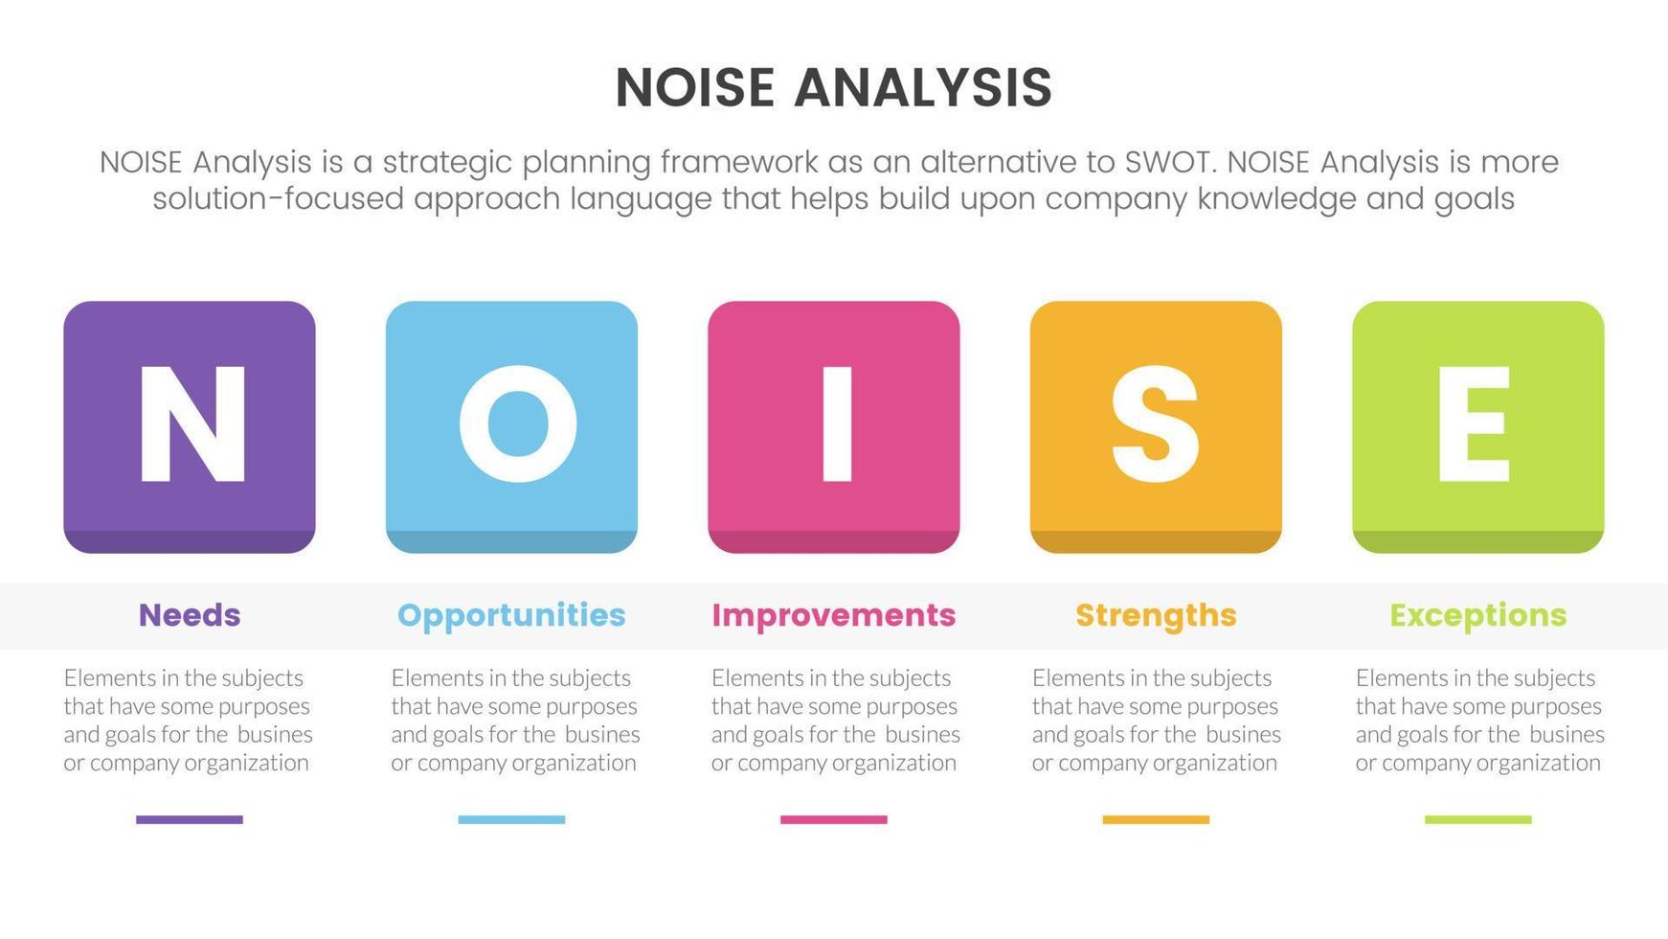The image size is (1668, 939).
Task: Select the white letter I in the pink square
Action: tap(837, 424)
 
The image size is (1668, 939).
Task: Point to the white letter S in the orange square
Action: tap(1156, 424)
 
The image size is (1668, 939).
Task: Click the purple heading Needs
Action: tap(190, 615)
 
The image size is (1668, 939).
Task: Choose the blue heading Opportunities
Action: tap(511, 616)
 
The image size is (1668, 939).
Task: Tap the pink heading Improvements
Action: tap(833, 616)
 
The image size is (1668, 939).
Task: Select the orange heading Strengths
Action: tap(1156, 616)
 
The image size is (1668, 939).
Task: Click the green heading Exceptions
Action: tap(1477, 616)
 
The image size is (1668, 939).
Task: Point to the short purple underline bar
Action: tap(190, 819)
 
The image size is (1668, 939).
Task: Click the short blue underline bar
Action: tap(511, 819)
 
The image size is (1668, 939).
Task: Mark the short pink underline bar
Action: tap(834, 819)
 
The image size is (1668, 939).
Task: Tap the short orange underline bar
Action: tap(1156, 819)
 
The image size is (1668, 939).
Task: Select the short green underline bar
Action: tap(1478, 819)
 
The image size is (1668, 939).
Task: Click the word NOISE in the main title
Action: tap(695, 88)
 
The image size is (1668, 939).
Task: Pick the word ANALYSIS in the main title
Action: tap(923, 88)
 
